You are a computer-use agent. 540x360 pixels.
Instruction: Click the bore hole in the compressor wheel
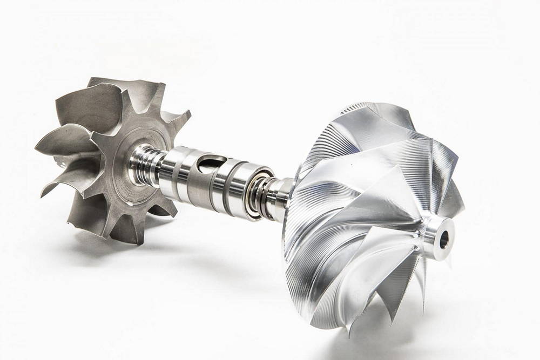point(444,239)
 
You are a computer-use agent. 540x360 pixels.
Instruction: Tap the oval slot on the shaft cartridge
point(209,162)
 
